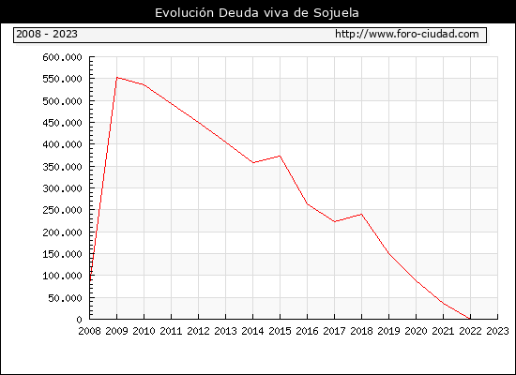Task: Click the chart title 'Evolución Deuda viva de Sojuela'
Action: (257, 13)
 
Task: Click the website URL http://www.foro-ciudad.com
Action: (407, 34)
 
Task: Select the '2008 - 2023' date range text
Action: (47, 34)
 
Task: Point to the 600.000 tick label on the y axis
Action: (62, 57)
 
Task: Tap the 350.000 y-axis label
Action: (62, 167)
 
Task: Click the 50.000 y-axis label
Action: (65, 298)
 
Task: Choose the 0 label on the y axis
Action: (79, 320)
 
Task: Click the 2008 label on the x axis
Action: (89, 331)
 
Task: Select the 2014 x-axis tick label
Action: (252, 331)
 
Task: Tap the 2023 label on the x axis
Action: (497, 331)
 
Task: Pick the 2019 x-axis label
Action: (388, 331)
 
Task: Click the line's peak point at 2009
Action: (117, 78)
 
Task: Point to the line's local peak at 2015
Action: (281, 156)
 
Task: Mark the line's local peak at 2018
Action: (361, 214)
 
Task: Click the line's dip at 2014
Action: (252, 162)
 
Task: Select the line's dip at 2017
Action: (334, 221)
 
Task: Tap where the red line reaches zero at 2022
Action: (470, 319)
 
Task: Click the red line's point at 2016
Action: (307, 203)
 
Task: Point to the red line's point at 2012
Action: (199, 123)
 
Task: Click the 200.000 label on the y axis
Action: (62, 232)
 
